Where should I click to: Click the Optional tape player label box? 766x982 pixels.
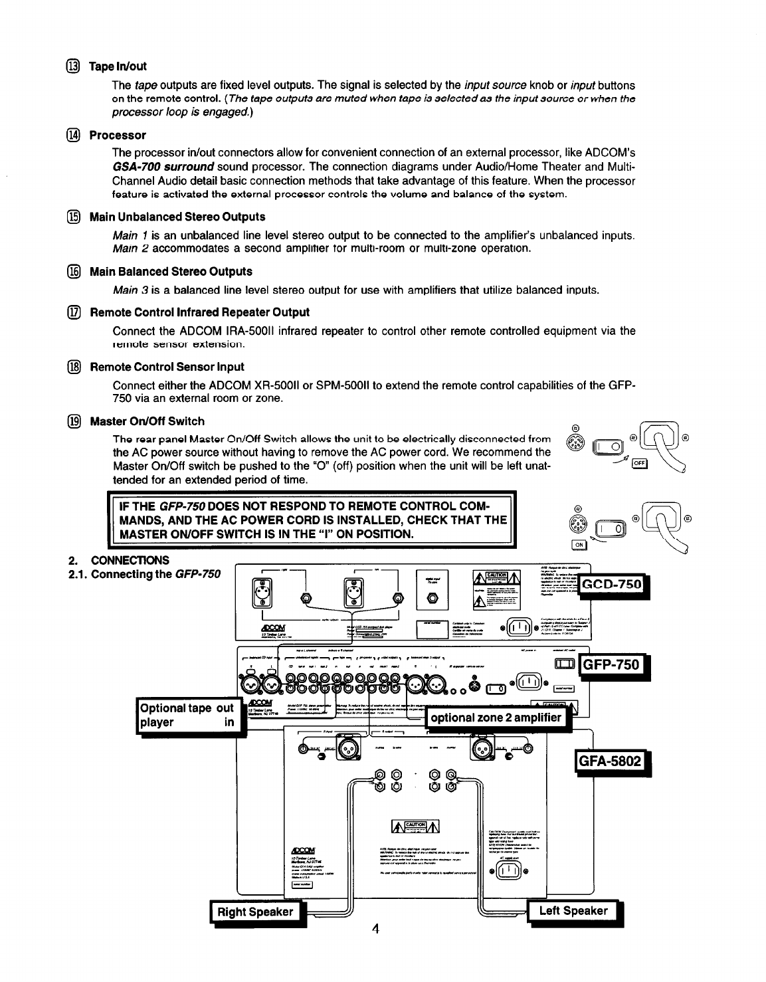point(187,715)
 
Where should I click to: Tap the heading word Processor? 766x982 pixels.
point(118,136)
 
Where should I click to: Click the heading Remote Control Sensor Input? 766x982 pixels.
point(167,367)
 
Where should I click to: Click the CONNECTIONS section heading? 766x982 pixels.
point(130,560)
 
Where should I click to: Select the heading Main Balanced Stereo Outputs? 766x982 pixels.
point(171,272)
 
